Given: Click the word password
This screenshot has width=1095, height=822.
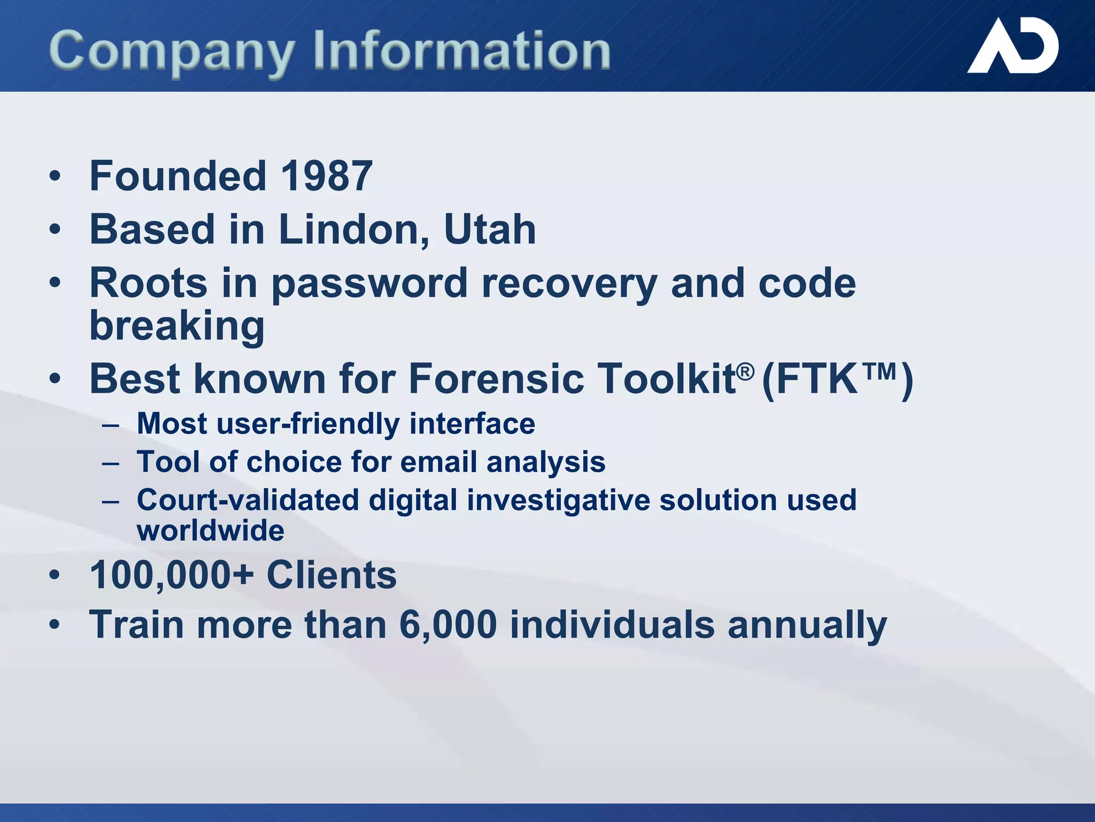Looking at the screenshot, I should point(369,284).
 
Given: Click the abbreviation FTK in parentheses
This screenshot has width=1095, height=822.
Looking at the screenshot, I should point(816,379).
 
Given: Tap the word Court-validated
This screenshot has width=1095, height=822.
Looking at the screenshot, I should point(248,500).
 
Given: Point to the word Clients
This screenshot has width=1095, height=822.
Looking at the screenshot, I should point(331,575).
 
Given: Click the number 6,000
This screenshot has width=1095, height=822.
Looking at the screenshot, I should point(448,625).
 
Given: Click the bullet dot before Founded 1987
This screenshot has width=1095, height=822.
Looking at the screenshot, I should point(55,176).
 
